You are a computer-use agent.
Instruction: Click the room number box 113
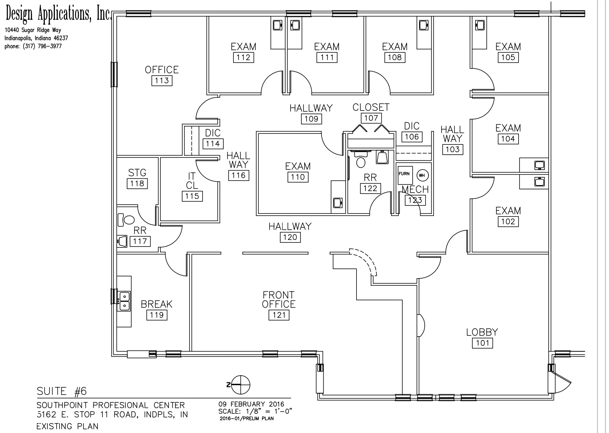[162, 81]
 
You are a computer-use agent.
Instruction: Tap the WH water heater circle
[422, 175]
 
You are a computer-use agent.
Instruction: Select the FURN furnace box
[405, 175]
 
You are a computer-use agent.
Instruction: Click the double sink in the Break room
[125, 301]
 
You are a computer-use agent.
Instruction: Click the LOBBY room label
[482, 332]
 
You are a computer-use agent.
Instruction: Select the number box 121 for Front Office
[279, 315]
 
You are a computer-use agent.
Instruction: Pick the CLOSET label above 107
[371, 108]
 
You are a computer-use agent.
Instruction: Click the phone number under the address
[33, 46]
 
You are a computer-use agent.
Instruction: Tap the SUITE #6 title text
[62, 391]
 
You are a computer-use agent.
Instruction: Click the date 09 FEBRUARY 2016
[251, 404]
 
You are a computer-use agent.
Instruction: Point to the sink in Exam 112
[277, 25]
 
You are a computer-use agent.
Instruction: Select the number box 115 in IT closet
[192, 196]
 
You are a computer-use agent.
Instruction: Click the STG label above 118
[137, 173]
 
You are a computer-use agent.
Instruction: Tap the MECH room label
[415, 190]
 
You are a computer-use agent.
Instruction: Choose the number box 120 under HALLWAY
[290, 237]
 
